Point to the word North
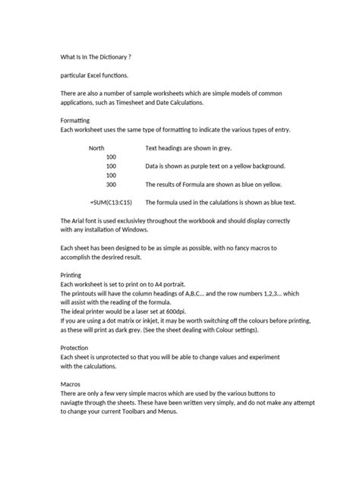[97, 148]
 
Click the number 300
[111, 185]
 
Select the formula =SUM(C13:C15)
[111, 203]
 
